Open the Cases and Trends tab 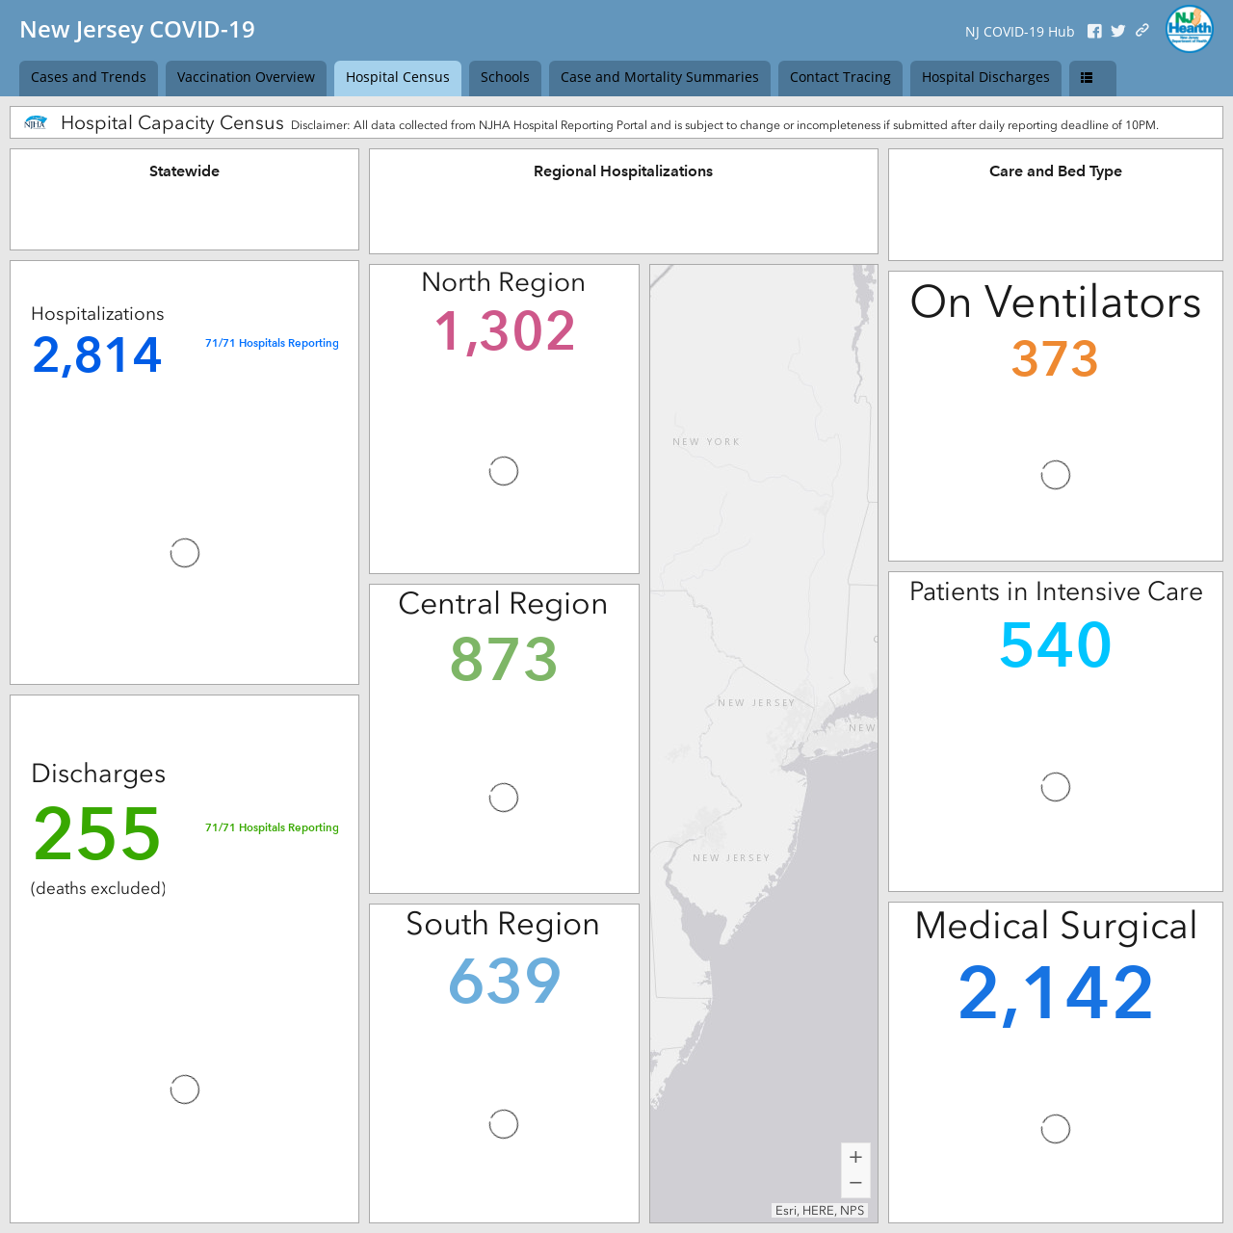coord(89,78)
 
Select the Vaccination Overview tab coord(246,78)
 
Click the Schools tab coord(505,78)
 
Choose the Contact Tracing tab coord(840,78)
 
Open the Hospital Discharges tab coord(985,78)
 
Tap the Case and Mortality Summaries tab coord(659,78)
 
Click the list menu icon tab coord(1092,78)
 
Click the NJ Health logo coord(1189,30)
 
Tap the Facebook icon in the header coord(1094,32)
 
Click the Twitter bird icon coord(1117,32)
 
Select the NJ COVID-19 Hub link coord(1019,32)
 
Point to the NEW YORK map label coord(706,441)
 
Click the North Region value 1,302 coord(504,330)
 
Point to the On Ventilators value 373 coord(1055,358)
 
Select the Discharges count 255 coord(96,833)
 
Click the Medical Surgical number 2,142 coord(1055,993)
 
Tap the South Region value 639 coord(504,981)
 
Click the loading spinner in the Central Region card coord(504,798)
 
